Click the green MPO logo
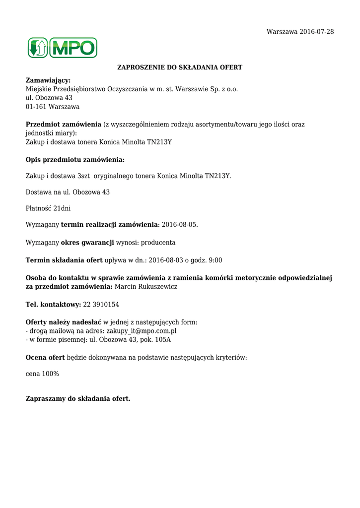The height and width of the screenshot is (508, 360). (x=62, y=48)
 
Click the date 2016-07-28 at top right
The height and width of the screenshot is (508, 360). (x=316, y=32)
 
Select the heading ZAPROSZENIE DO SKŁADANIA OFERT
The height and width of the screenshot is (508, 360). (x=180, y=67)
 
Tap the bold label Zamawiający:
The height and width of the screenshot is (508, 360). (x=48, y=80)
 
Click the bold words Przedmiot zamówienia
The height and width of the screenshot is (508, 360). (x=63, y=125)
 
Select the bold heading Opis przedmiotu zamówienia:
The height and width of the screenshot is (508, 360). (x=75, y=160)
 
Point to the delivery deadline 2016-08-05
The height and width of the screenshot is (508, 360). (x=179, y=225)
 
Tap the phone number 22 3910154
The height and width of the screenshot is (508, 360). (x=101, y=305)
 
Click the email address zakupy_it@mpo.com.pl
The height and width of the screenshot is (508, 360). (x=142, y=331)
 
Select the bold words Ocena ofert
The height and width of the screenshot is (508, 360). (x=45, y=357)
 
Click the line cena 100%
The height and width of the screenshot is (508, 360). (x=42, y=374)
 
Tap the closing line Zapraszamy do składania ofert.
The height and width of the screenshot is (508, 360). (x=78, y=398)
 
